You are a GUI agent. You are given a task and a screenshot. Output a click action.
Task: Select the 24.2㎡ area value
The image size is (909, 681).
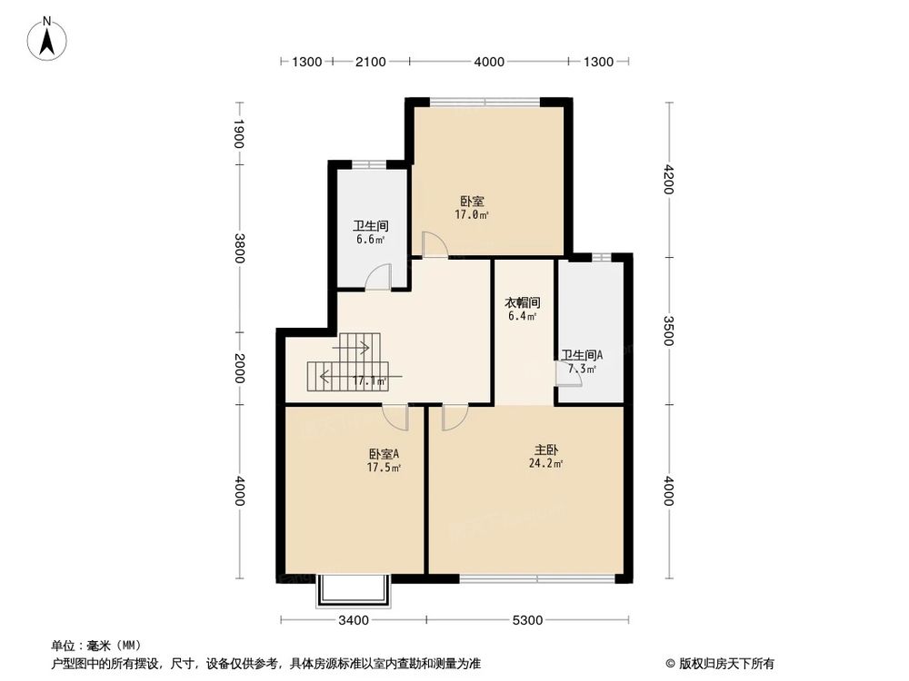point(546,464)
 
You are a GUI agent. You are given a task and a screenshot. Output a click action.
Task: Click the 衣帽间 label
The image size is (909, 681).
point(523,302)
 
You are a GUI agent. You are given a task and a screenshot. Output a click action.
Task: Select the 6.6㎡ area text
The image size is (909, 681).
point(370,240)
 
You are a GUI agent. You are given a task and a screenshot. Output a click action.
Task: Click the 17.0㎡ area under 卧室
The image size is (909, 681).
point(473,215)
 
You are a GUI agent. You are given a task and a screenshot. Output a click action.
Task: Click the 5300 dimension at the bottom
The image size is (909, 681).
point(527,621)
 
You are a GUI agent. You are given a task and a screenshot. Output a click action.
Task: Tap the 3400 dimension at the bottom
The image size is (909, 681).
point(354,621)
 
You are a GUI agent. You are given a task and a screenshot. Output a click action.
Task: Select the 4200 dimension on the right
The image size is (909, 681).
point(671,180)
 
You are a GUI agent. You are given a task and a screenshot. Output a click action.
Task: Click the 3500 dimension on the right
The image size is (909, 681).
point(671,331)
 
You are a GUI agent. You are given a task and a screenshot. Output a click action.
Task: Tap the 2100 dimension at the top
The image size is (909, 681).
point(370,62)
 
